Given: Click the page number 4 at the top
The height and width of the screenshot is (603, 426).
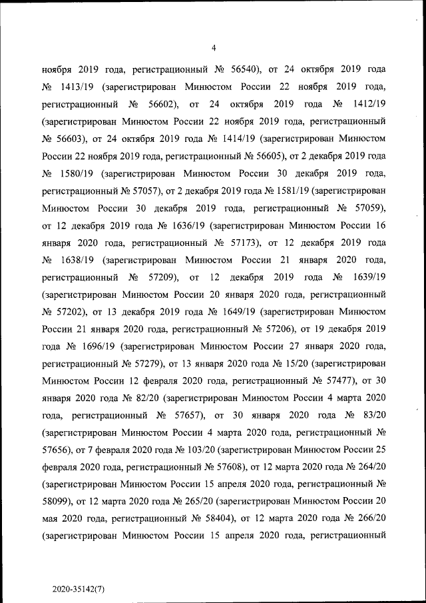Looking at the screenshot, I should (214, 47).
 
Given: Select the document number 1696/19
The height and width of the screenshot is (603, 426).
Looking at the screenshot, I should (97, 346).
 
